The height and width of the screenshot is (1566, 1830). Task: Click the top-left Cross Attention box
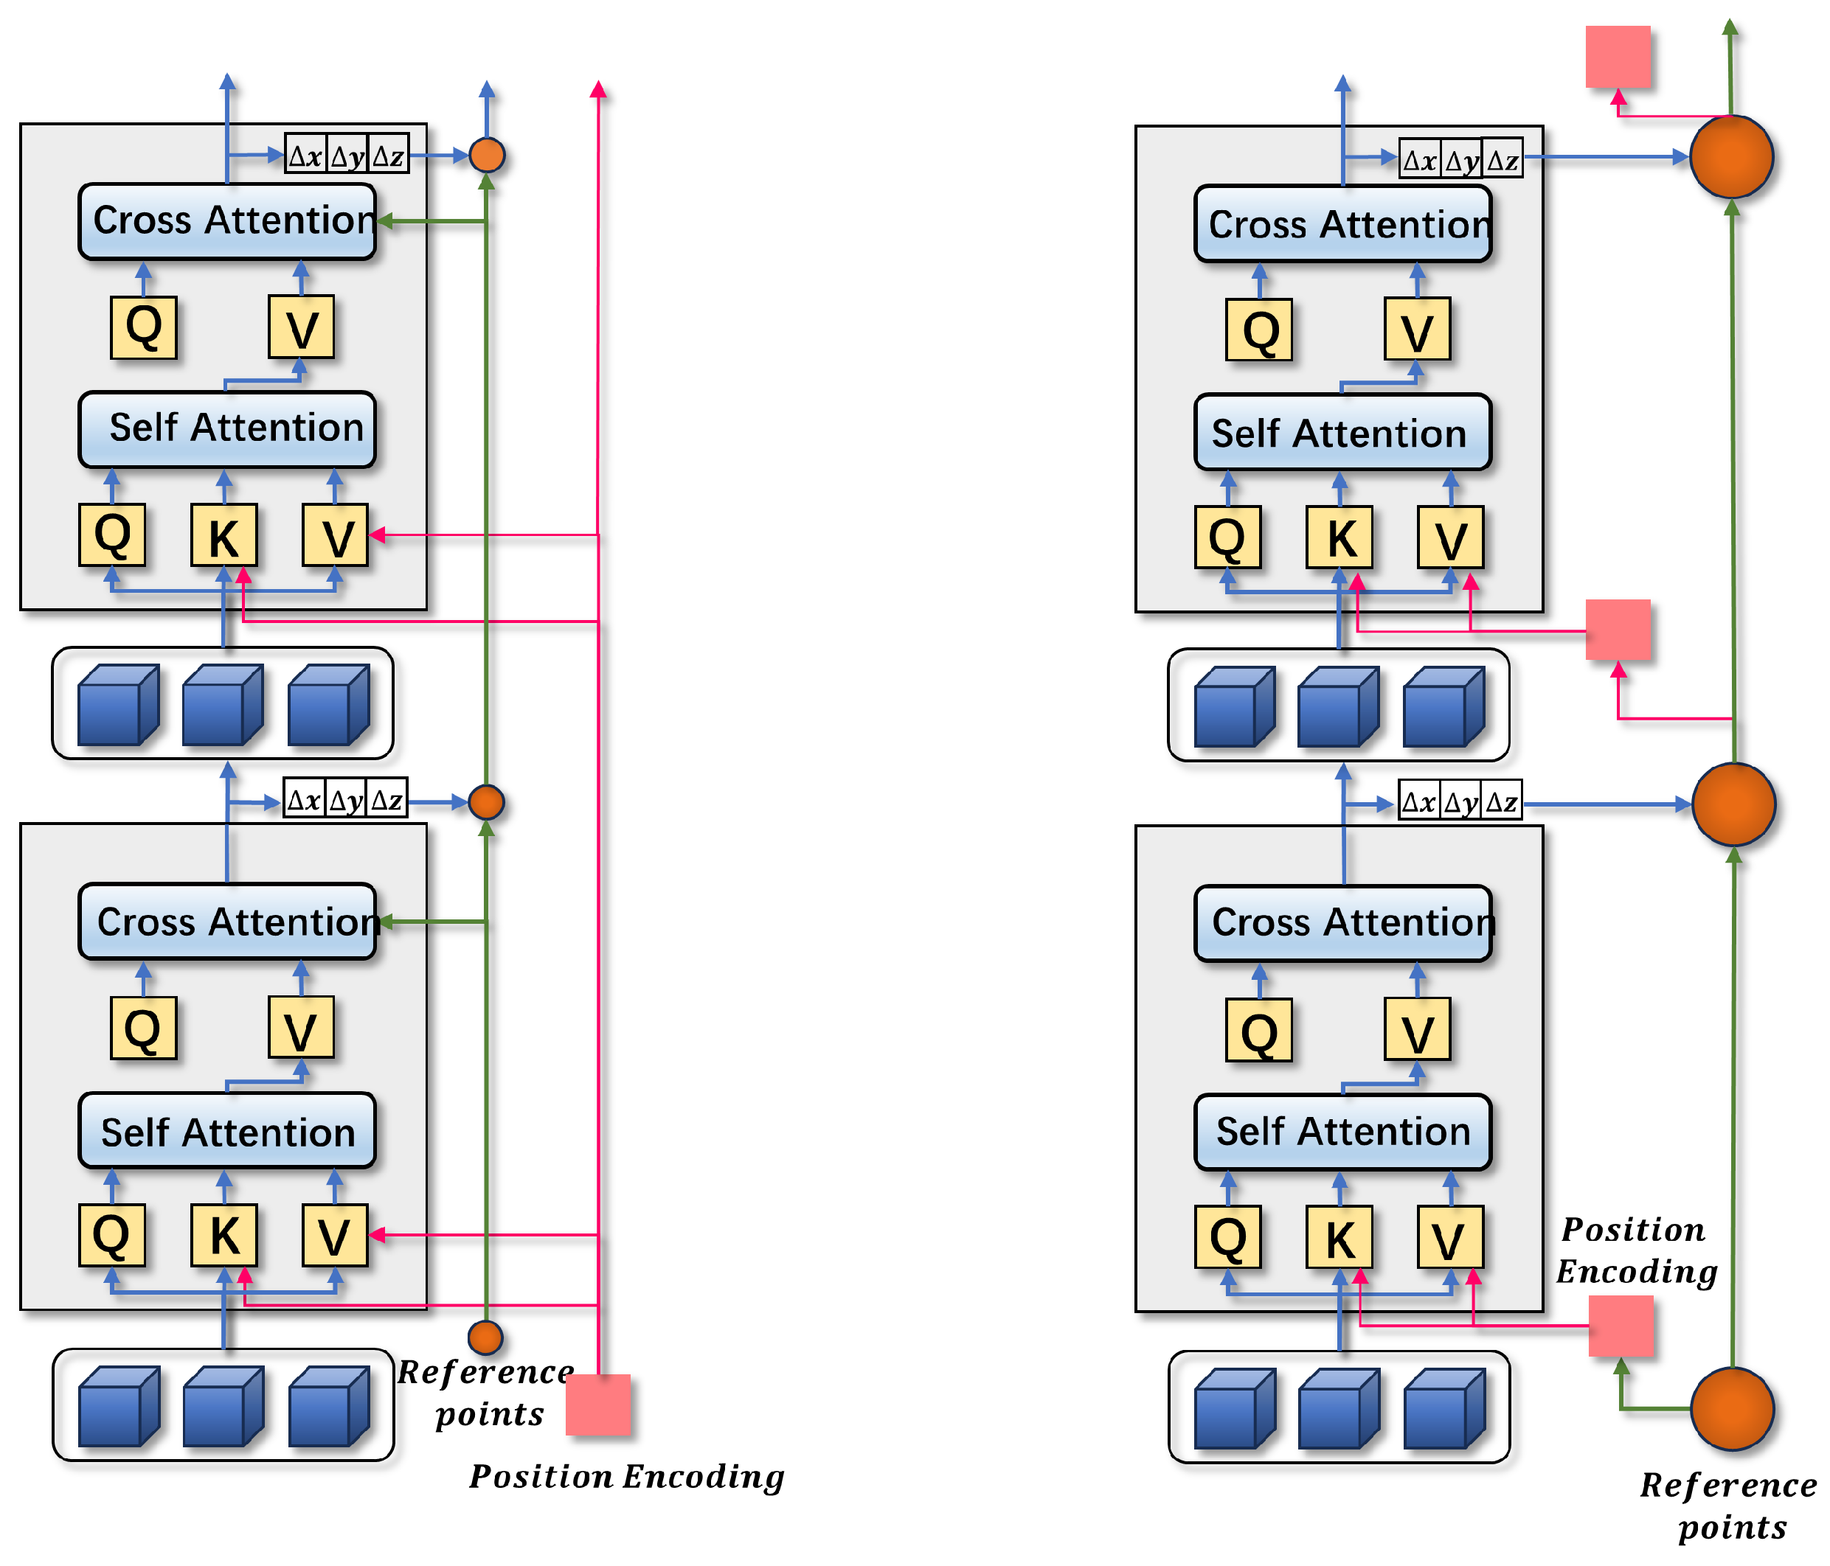227,220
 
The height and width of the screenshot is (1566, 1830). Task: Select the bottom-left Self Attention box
227,1132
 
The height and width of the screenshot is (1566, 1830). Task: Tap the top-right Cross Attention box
1342,224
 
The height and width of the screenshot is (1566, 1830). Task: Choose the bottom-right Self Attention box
1342,1132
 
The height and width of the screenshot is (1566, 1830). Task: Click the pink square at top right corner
1617,57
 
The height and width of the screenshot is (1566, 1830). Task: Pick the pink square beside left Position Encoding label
598,1404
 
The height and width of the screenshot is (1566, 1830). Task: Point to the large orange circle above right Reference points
1731,1409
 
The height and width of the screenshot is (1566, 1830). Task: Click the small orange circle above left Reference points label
485,1337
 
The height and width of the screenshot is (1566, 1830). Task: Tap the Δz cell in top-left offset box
388,156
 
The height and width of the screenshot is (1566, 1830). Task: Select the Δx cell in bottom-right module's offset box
1418,801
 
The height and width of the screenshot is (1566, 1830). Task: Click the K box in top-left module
223,535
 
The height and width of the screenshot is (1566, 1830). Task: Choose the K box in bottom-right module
1339,1236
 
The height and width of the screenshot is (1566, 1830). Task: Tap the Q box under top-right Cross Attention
1258,330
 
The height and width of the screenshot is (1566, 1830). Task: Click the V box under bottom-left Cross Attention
300,1028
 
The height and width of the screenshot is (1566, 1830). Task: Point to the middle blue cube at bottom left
223,1406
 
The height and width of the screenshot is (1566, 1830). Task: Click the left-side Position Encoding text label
626,1476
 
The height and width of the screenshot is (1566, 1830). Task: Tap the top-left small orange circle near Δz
487,156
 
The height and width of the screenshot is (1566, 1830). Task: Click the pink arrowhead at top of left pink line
598,89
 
